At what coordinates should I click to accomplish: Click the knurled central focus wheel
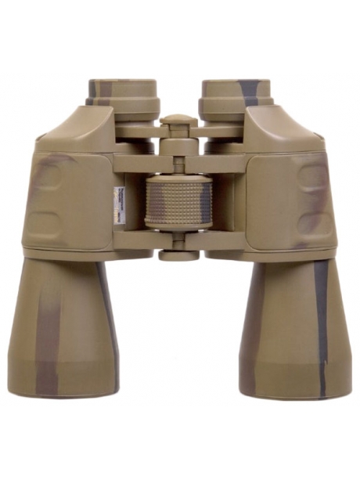tap(178, 201)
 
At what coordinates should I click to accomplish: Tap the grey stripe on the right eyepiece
tap(249, 91)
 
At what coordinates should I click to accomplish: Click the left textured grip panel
tap(67, 200)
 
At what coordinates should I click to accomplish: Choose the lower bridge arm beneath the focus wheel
tap(178, 239)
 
